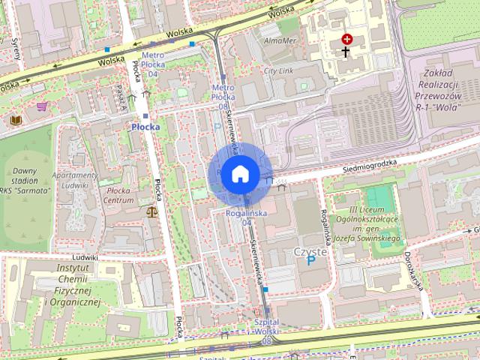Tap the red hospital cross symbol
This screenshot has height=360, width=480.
[x=346, y=38]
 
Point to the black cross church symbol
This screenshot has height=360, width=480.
[x=346, y=52]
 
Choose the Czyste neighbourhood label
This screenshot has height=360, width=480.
[x=310, y=252]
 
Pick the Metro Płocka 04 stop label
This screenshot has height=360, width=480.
[x=152, y=64]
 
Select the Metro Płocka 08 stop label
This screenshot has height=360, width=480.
[x=223, y=97]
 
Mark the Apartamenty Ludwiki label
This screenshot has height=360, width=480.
[x=75, y=180]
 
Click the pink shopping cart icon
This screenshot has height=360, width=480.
[x=41, y=106]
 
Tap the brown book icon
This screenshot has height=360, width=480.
[x=15, y=119]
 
